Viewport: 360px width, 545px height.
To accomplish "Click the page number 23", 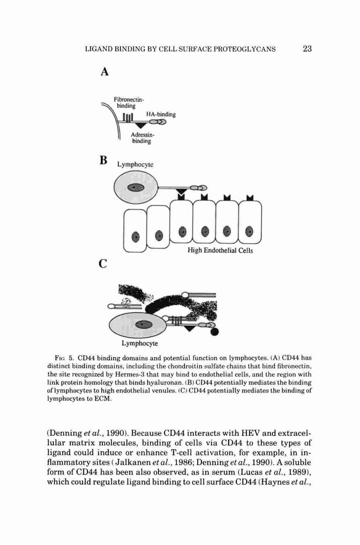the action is [307, 49].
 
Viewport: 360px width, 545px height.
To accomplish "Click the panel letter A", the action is [105, 72].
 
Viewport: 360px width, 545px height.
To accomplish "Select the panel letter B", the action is [103, 160].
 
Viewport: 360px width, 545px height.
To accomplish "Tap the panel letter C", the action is [103, 264].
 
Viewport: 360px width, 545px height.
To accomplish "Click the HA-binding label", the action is [161, 114].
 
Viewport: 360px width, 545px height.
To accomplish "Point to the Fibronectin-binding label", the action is [129, 103].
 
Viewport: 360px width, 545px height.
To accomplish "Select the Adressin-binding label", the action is [142, 138].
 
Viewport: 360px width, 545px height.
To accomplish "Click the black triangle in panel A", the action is [141, 125].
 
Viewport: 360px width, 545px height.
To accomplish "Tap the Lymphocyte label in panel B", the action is [135, 165].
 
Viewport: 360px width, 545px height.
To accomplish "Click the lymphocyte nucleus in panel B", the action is [136, 187].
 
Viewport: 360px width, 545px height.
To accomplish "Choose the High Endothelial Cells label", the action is [221, 250].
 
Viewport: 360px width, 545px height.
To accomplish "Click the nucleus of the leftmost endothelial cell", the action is [136, 237].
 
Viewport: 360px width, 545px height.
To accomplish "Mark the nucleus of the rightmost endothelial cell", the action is [249, 231].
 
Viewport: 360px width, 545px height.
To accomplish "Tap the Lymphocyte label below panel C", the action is [139, 343].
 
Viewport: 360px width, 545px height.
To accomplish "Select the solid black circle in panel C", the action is [215, 332].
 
